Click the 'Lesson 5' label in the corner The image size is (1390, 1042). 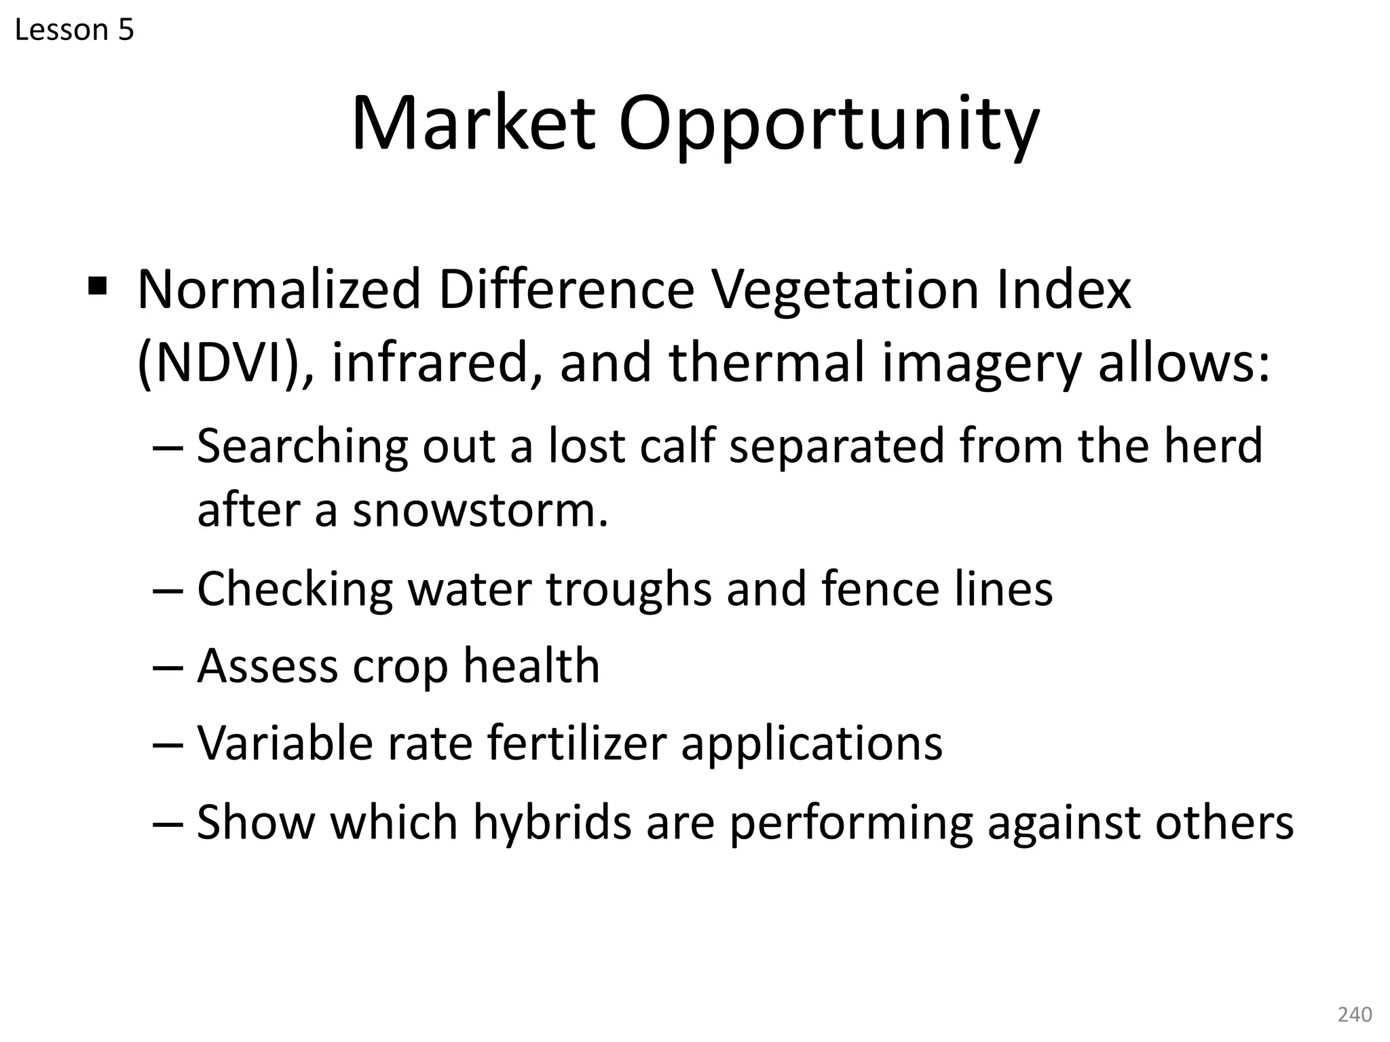point(74,31)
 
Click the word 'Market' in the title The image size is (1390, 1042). point(473,124)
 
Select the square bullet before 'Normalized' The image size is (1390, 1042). point(98,285)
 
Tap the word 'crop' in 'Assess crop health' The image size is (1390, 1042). point(400,666)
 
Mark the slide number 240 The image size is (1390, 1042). point(1354,1014)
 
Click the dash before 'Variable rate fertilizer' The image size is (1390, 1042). point(168,744)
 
